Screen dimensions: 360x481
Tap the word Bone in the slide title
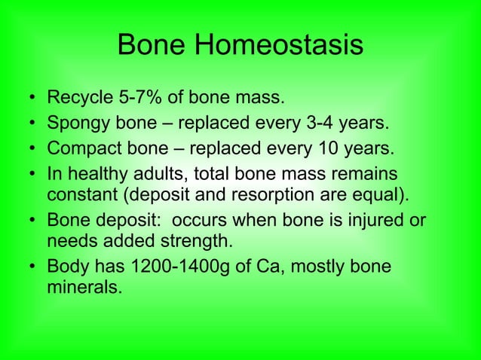coord(152,47)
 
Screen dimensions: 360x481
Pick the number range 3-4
coord(335,122)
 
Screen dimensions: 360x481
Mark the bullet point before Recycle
coord(29,98)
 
